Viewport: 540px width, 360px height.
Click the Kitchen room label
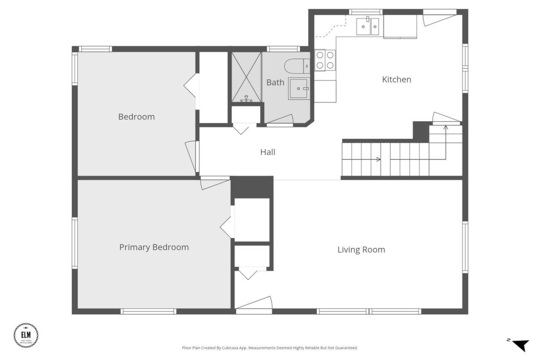coord(396,79)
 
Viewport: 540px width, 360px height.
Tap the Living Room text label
coord(361,249)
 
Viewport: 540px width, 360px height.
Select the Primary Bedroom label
coord(154,247)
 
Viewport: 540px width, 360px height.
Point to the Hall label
coord(267,152)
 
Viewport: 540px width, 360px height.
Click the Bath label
coord(275,82)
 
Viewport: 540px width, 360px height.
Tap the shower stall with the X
coord(246,77)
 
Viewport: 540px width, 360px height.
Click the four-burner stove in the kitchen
coord(325,60)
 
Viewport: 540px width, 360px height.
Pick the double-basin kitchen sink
coord(367,26)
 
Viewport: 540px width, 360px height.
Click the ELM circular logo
coord(26,335)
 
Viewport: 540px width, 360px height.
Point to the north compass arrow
coord(520,344)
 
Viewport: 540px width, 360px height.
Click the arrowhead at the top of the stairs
coord(445,127)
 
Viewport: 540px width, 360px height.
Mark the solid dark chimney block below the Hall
coord(252,187)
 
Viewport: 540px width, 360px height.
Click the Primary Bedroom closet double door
coord(227,227)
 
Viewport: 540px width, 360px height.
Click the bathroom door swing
coord(280,120)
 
